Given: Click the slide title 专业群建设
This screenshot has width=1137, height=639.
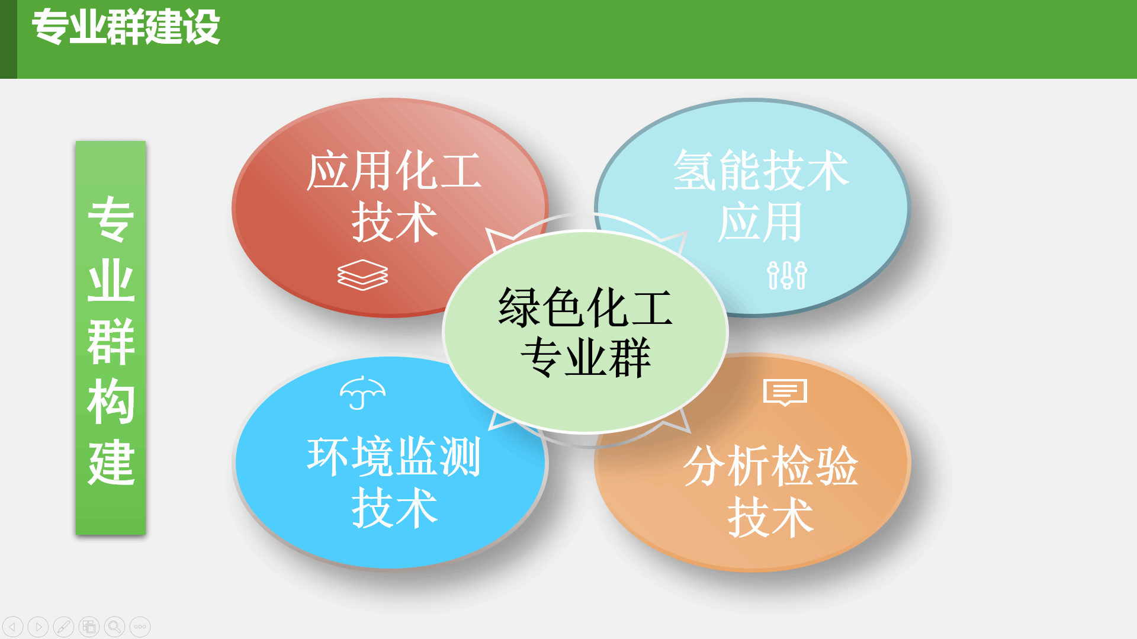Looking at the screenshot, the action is pos(126,27).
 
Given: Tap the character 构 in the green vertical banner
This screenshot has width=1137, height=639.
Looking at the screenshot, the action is pos(111,401).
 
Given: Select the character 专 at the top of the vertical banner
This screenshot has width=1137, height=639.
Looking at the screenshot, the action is pos(111,219).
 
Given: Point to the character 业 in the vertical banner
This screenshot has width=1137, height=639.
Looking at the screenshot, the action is pos(111,280).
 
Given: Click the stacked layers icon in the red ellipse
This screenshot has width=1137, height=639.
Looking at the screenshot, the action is pos(362,275).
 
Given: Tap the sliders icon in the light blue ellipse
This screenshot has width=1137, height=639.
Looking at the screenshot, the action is pos(787,275).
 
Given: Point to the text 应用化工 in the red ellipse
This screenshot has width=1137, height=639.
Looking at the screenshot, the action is pos(394,171).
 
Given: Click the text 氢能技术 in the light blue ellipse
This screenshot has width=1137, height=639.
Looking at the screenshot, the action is pos(761,171).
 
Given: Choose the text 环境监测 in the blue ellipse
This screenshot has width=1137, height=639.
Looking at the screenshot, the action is pos(394,457).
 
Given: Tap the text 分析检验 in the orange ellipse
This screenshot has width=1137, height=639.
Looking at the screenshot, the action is pos(770,466).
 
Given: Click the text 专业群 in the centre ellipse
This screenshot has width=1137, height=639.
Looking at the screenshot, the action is pos(585,358).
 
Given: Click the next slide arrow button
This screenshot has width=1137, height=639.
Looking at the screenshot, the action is pos(38,627).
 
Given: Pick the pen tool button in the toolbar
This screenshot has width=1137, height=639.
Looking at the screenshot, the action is pos(64,627).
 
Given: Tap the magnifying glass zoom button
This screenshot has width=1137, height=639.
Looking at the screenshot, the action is pos(115,627).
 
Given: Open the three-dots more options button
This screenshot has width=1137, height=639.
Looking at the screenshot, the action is pos(140,627).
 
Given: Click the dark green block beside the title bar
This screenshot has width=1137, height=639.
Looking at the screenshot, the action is pos(8,39).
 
